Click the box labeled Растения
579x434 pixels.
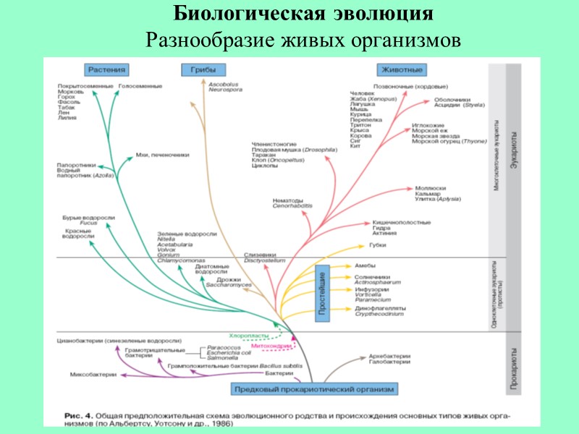point(108,70)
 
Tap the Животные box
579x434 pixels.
point(401,70)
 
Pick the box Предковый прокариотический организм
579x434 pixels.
point(314,389)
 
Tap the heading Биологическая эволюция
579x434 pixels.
point(304,14)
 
